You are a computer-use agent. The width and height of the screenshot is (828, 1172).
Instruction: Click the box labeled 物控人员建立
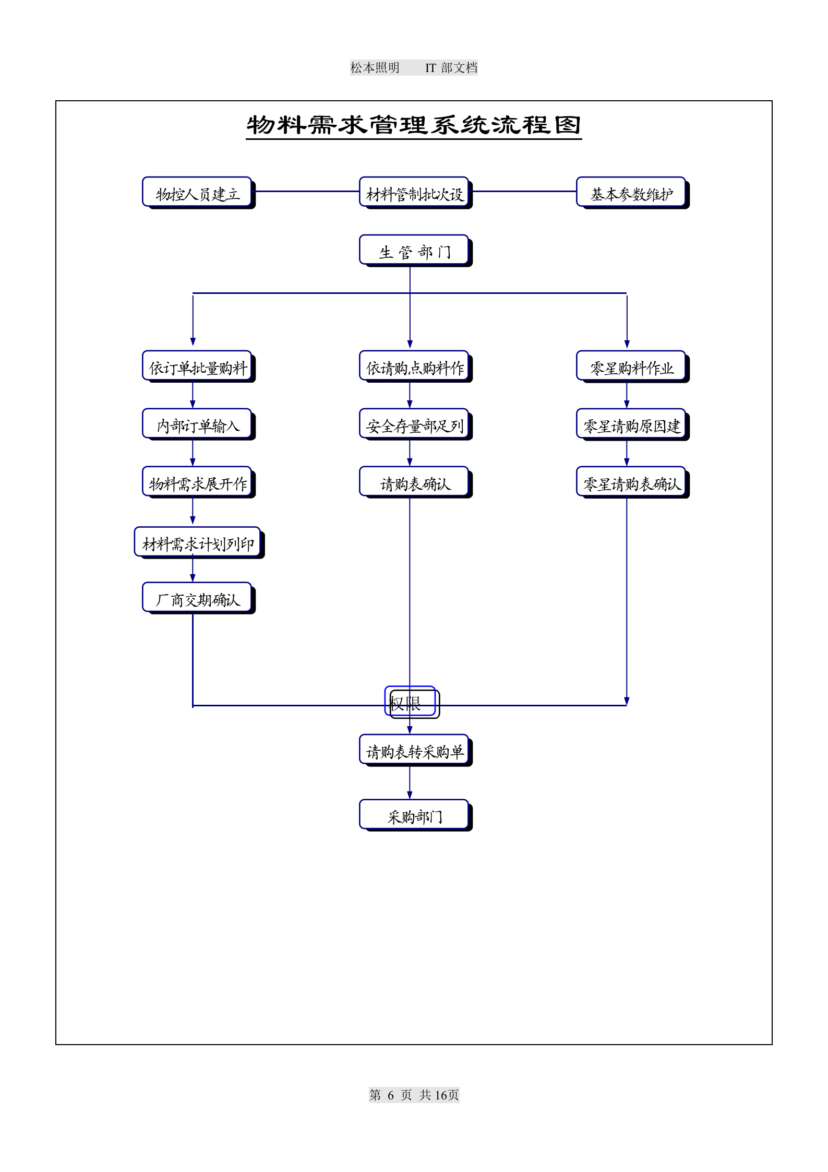point(197,193)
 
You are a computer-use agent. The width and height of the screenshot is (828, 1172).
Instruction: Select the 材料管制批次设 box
point(414,193)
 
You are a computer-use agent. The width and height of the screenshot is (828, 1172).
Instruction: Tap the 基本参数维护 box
point(631,193)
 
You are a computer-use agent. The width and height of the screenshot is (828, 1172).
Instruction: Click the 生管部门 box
point(414,251)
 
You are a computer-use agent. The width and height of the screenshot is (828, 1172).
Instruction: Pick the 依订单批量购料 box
point(197,366)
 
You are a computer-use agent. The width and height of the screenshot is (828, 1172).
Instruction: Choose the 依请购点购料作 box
point(414,366)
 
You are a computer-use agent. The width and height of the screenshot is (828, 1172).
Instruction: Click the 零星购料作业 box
point(631,366)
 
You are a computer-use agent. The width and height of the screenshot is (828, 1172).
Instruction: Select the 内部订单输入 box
point(197,424)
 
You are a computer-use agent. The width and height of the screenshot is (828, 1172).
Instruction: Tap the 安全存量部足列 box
point(414,424)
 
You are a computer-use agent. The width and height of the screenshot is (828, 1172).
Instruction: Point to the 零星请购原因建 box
point(631,424)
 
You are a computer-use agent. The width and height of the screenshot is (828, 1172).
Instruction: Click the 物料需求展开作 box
point(197,482)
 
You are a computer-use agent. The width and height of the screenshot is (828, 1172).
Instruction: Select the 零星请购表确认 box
point(631,482)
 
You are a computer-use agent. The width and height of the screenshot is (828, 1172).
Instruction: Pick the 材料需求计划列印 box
point(198,543)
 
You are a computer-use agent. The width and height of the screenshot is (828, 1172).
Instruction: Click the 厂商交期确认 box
point(197,598)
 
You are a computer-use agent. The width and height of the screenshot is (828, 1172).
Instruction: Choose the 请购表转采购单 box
point(414,750)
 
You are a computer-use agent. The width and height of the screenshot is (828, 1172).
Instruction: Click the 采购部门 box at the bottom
point(414,815)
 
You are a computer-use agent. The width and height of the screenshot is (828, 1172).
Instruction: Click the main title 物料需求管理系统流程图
point(414,125)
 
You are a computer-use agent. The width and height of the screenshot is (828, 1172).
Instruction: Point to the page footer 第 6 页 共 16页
point(414,1095)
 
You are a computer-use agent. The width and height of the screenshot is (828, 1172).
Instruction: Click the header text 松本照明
point(375,67)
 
